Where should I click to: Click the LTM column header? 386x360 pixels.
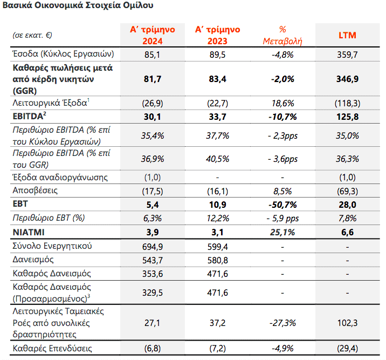tap(347, 35)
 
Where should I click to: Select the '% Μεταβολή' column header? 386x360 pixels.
tap(282, 35)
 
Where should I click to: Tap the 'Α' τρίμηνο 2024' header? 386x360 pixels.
tap(153, 35)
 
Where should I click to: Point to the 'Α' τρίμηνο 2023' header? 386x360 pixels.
tap(217, 35)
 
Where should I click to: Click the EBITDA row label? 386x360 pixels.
tap(29, 116)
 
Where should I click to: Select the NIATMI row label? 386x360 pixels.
tap(29, 232)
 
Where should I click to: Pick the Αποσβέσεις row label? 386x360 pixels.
tap(35, 191)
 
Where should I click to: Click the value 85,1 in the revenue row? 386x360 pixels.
tap(153, 55)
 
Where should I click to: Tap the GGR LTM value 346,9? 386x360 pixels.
tap(347, 79)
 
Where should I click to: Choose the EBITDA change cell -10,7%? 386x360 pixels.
tap(282, 117)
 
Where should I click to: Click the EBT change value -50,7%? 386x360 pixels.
tap(282, 205)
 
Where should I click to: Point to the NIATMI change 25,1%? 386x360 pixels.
tap(282, 232)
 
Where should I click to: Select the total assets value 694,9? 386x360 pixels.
tap(153, 247)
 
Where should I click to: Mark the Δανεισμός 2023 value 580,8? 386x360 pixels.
tap(217, 260)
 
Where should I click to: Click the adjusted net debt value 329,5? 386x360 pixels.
tap(153, 293)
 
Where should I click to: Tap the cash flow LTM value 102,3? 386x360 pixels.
tap(347, 323)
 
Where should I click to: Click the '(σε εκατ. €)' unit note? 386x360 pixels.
tap(32, 35)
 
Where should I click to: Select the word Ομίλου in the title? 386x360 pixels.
tap(138, 5)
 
